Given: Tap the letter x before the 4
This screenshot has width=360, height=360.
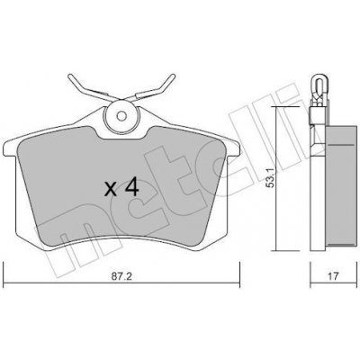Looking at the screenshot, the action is (111, 190).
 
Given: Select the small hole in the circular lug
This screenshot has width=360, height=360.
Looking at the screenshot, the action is (121, 116).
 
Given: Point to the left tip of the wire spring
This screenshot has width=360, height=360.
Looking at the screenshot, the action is (70, 76).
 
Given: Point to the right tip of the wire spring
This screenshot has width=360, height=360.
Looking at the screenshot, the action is (173, 76).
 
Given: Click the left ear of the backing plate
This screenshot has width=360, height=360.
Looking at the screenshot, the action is (9, 148).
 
